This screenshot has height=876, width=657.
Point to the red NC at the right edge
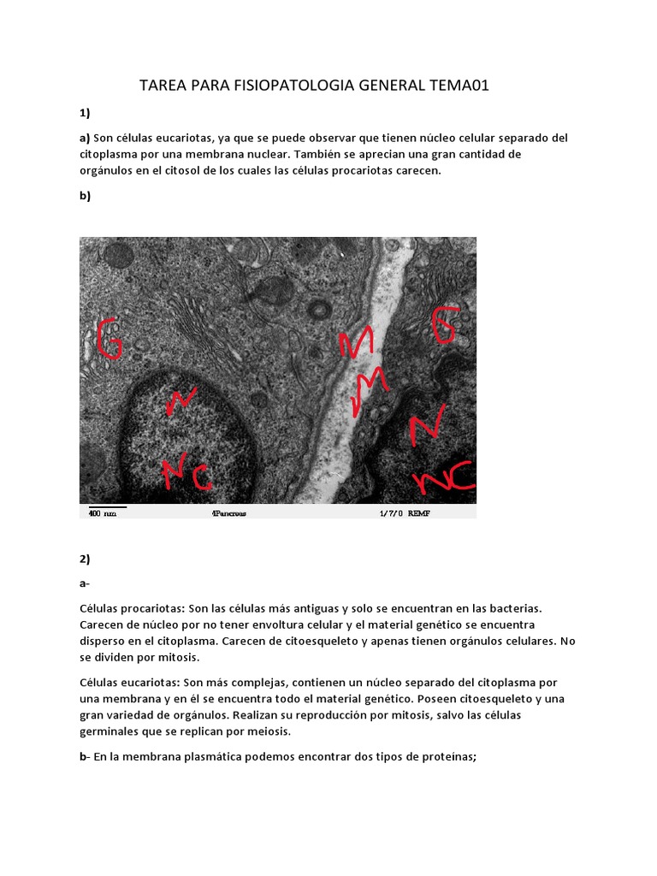(444, 479)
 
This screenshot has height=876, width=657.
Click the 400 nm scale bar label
(103, 513)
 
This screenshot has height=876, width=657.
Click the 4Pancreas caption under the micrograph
(228, 513)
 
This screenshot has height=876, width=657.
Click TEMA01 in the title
(459, 86)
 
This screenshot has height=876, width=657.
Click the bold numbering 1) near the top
(85, 112)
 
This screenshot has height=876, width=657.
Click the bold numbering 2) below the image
(85, 559)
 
